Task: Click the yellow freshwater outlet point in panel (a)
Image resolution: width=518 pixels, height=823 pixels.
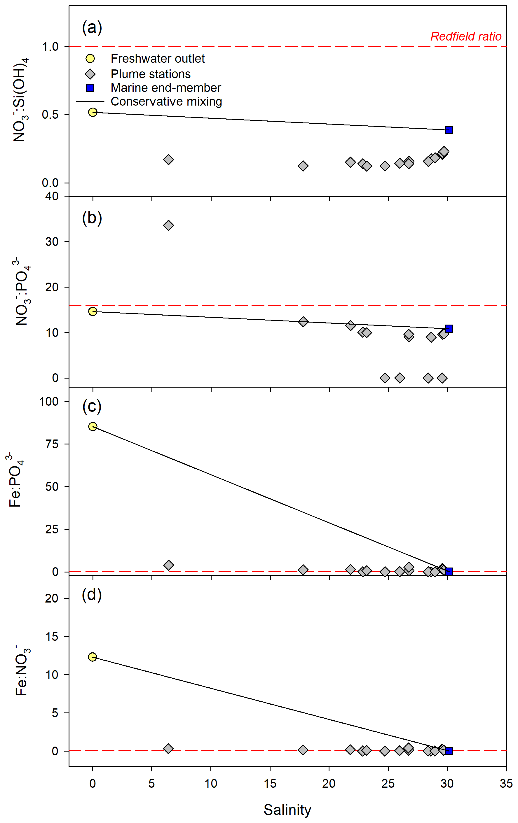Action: [93, 112]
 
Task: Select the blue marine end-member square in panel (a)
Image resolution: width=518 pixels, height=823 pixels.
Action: [449, 130]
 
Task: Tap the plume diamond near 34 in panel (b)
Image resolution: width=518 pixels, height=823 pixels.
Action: [168, 225]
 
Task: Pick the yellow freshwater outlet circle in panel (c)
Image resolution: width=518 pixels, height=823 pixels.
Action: [93, 426]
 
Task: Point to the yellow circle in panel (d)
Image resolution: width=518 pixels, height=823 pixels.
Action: [92, 657]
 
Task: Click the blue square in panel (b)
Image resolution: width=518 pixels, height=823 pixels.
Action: [449, 328]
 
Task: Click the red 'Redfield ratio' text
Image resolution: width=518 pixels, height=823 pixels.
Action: [466, 36]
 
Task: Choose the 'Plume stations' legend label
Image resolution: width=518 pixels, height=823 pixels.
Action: [151, 74]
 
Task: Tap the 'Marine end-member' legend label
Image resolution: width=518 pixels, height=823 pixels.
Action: [166, 88]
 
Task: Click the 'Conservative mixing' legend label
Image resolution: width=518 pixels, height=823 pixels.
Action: [166, 101]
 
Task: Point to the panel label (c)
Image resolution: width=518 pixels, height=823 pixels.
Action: [92, 407]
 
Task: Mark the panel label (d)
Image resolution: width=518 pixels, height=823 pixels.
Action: [92, 595]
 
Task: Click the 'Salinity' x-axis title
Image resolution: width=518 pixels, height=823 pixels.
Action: [287, 810]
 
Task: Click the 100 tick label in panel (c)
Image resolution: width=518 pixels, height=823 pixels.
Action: [49, 401]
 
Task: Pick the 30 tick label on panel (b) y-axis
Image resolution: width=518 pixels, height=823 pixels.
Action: [52, 242]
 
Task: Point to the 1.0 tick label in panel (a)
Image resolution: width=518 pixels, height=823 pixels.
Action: [50, 46]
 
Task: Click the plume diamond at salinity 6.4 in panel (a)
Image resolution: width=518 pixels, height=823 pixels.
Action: [168, 160]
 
